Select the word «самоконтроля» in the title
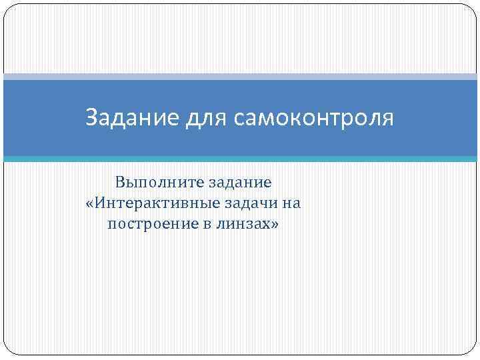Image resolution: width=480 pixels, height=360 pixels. click(x=313, y=119)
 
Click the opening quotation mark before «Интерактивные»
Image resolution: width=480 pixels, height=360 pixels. click(x=91, y=203)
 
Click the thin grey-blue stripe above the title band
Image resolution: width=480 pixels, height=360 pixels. click(x=240, y=77)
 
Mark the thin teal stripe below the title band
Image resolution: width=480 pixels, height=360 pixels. click(x=240, y=159)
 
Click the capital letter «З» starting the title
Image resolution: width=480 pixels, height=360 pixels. click(x=92, y=118)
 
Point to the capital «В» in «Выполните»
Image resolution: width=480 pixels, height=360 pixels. click(x=120, y=181)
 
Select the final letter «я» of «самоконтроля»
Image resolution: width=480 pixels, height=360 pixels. click(x=388, y=120)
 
